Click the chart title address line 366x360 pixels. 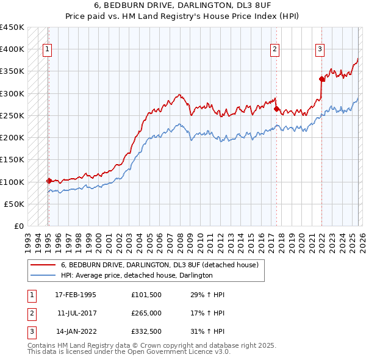(183, 5)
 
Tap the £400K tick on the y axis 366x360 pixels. (12, 49)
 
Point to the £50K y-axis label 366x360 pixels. (15, 204)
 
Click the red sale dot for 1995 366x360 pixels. (49, 181)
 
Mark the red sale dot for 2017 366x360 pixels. (276, 109)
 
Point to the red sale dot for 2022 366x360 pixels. (321, 79)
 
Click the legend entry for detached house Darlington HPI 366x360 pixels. (137, 275)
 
